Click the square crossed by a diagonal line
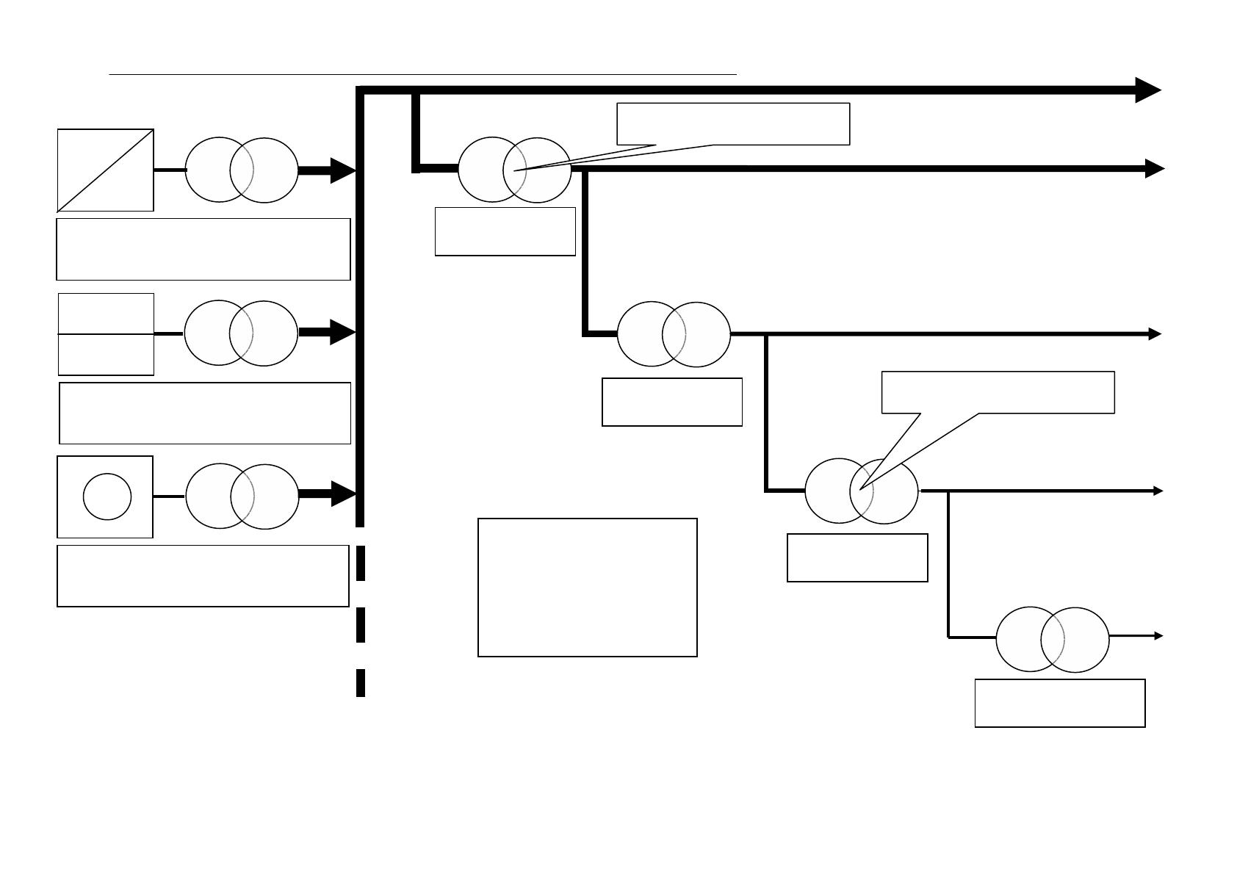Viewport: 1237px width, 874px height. coord(106,170)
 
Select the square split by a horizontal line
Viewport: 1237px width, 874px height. coord(106,334)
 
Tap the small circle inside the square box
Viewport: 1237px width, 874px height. coord(107,496)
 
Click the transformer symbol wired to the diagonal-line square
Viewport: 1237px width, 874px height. coord(241,170)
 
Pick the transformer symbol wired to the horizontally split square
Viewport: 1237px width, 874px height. coord(241,333)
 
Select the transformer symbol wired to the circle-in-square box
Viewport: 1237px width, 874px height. coord(242,496)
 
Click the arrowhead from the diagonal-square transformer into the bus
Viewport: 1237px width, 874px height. coord(343,170)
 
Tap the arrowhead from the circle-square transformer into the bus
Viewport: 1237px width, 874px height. coord(344,494)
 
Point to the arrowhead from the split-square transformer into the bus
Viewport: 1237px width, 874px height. coord(343,332)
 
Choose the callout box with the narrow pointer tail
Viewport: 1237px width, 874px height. coord(733,123)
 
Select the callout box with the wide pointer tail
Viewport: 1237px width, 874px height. coord(998,392)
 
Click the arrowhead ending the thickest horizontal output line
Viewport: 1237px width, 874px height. coord(1147,90)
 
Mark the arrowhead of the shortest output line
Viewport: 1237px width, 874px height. coord(1158,635)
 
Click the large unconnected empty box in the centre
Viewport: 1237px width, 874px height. coord(587,587)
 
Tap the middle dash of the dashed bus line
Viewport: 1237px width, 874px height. coord(361,625)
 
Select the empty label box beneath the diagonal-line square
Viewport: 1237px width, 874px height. coord(203,249)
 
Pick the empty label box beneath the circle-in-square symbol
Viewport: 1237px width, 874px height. coord(203,576)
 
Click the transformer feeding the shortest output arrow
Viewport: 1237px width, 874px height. coord(1052,639)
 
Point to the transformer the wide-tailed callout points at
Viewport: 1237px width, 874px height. coord(862,491)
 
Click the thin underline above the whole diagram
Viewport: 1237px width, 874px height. coord(422,74)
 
